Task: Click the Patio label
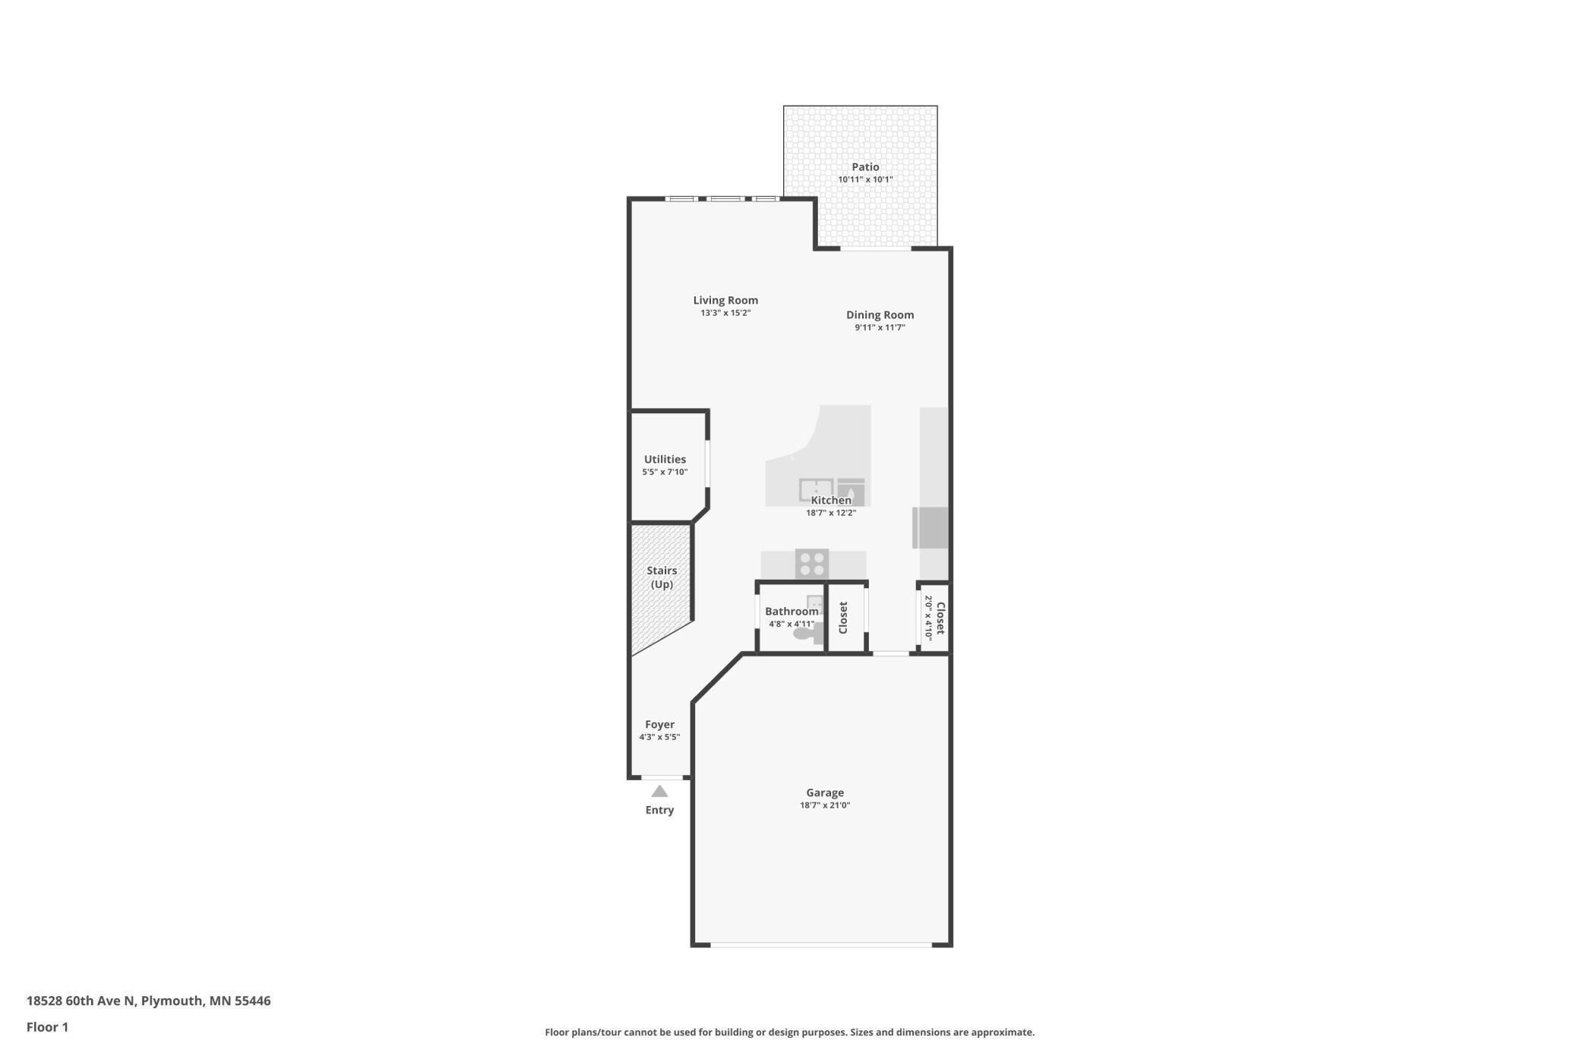click(x=865, y=167)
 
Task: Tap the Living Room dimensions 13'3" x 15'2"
click(x=725, y=313)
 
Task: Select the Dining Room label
click(x=880, y=315)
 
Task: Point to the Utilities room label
click(x=665, y=459)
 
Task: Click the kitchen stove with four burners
click(x=812, y=564)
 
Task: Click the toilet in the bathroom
click(x=804, y=632)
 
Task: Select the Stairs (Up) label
click(x=662, y=577)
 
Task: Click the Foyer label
click(x=659, y=724)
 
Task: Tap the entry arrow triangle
click(x=659, y=792)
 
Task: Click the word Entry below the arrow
click(x=659, y=810)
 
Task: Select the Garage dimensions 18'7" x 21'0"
click(x=825, y=805)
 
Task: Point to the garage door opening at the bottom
click(x=820, y=944)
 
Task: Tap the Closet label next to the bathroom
click(x=843, y=618)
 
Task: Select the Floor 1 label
click(x=47, y=1027)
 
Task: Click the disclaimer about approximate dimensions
click(x=789, y=1032)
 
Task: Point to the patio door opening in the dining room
click(x=875, y=248)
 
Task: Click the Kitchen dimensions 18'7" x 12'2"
click(x=831, y=513)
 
